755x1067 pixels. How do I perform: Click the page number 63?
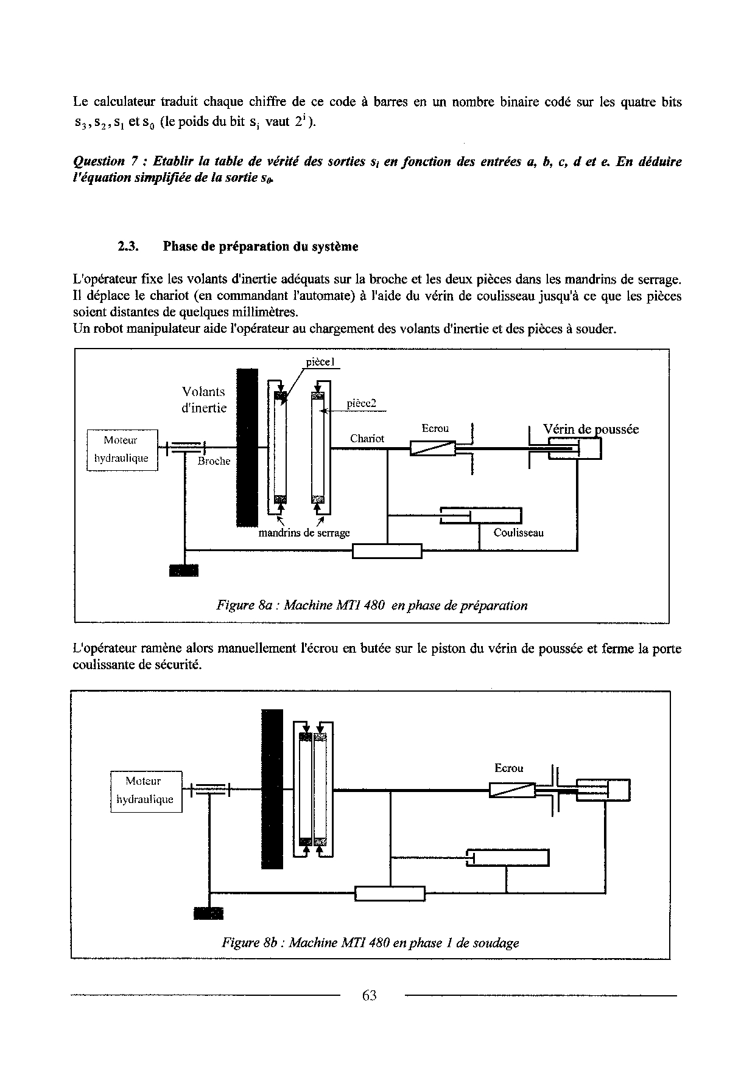point(369,995)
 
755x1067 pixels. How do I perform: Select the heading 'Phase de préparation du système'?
point(261,246)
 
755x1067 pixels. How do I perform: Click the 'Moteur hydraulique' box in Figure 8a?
point(122,450)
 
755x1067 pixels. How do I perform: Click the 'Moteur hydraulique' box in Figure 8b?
point(146,791)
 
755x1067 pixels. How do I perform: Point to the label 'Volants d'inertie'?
point(204,400)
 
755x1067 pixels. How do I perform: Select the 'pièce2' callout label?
point(362,403)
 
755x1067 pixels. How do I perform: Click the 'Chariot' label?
point(367,439)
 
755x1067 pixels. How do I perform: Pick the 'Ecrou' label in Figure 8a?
point(435,428)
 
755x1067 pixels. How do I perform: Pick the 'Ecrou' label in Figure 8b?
point(508,768)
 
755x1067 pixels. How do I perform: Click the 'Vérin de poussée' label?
point(591,429)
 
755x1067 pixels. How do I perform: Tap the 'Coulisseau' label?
point(518,533)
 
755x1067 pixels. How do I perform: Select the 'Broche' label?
point(214,461)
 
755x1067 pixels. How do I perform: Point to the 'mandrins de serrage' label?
point(304,533)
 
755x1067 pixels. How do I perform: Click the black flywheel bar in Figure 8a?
point(247,447)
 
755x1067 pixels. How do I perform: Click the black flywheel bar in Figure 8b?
point(272,789)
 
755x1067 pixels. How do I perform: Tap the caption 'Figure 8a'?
point(371,605)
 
